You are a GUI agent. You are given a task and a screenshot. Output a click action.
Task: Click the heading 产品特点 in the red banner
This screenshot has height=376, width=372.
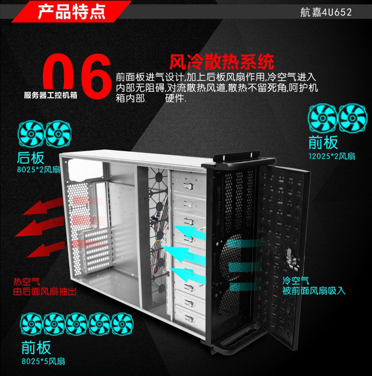tap(71, 12)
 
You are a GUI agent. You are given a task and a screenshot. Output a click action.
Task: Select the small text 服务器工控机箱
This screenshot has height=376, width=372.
tap(51, 95)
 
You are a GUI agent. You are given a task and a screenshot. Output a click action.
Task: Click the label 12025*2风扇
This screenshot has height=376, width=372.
tap(332, 156)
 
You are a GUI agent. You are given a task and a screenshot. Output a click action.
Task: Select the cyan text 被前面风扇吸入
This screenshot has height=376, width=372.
tap(314, 291)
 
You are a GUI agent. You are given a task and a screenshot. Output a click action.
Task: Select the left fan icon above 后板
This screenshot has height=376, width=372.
tap(31, 135)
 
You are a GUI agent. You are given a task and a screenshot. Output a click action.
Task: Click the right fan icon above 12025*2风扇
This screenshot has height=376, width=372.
tap(353, 118)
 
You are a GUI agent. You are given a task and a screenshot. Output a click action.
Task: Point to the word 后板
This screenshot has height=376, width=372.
tap(30, 158)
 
